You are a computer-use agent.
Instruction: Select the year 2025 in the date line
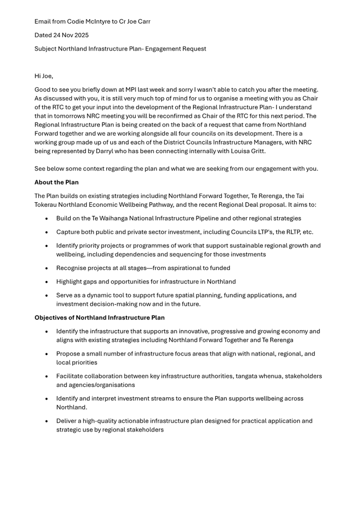click(81, 35)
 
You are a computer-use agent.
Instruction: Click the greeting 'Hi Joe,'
click(44, 76)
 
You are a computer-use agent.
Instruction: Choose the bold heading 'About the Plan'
click(57, 183)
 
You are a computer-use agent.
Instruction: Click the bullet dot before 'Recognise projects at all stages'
click(47, 269)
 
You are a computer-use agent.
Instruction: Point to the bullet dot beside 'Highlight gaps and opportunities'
click(47, 282)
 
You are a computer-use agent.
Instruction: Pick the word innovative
click(195, 332)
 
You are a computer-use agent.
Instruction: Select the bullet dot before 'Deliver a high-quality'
click(47, 421)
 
